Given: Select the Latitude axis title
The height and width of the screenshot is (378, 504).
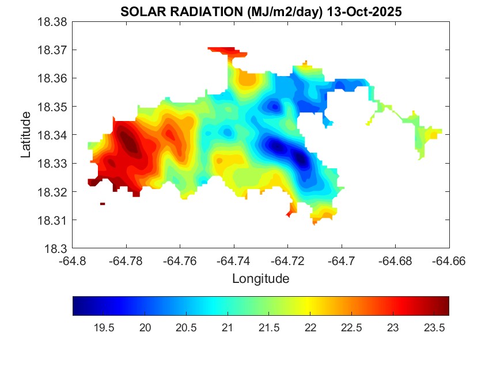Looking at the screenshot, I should coord(25,135).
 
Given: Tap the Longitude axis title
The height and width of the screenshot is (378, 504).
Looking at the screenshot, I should coord(260,279).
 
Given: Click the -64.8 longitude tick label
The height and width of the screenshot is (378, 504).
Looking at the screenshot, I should coord(73,261).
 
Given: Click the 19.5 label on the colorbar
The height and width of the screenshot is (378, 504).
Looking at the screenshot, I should coord(104,328).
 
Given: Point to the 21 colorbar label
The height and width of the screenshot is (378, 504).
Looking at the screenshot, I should coord(228,328).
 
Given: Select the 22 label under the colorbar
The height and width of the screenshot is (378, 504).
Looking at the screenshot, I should coord(310,328).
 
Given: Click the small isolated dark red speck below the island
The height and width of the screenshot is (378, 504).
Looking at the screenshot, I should coord(103,203).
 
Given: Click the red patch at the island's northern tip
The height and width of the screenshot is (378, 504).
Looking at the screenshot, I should coord(225,51).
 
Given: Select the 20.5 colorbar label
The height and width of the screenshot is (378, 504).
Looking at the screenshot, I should coord(186,328).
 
